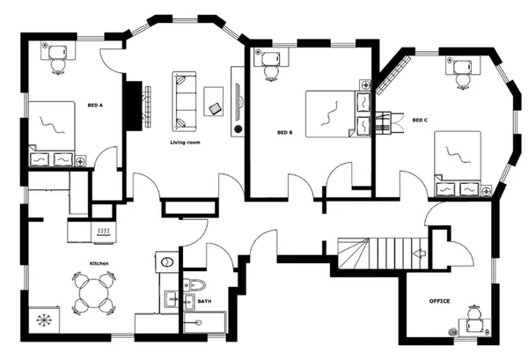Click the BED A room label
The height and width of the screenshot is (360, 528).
click(95, 105)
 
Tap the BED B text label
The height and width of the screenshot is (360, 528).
click(284, 133)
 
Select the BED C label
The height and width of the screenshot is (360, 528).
click(420, 120)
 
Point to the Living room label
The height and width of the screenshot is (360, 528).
click(186, 141)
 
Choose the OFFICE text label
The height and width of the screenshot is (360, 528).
click(439, 301)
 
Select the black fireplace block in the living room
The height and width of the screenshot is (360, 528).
click(135, 106)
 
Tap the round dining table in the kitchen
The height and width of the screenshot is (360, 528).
click(93, 293)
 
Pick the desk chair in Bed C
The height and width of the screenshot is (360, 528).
click(464, 77)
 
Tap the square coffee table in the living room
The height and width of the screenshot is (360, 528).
click(215, 99)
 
